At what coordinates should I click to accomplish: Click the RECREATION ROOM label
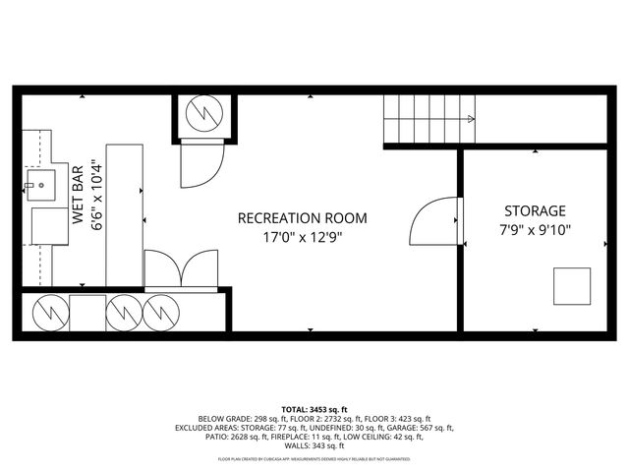click(x=302, y=217)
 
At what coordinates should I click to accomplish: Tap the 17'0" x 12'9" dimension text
click(x=302, y=237)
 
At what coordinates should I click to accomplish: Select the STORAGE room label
click(x=535, y=210)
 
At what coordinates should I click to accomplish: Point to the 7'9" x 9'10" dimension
click(x=535, y=230)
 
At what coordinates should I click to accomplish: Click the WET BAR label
click(x=78, y=197)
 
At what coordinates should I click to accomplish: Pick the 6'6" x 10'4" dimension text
click(x=96, y=196)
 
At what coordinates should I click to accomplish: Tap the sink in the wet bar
click(x=42, y=184)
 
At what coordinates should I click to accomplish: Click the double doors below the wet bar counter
click(x=181, y=269)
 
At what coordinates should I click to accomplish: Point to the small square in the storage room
click(x=571, y=286)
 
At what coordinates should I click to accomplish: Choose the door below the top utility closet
click(x=202, y=164)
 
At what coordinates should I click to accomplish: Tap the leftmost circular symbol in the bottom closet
click(x=47, y=314)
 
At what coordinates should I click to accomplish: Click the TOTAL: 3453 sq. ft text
click(x=314, y=408)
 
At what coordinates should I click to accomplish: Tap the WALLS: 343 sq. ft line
click(x=314, y=446)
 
